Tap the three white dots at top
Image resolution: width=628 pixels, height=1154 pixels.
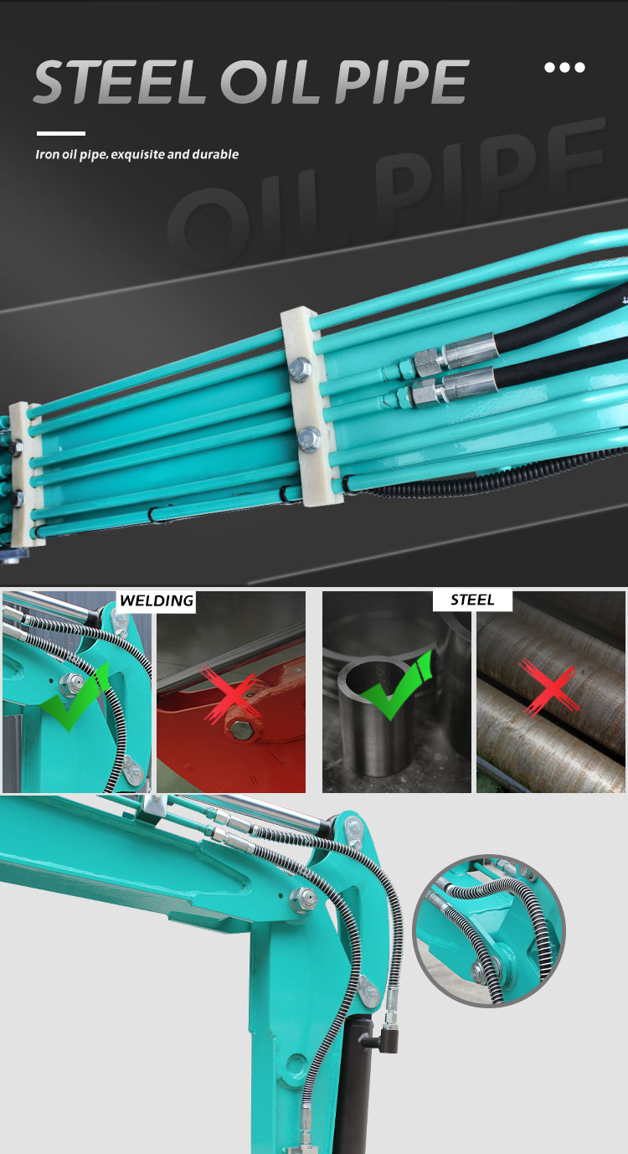(565, 67)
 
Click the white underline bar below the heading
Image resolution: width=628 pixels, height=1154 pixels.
(61, 133)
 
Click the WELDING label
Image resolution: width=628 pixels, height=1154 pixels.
(156, 600)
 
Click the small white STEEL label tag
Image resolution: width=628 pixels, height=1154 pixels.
(472, 600)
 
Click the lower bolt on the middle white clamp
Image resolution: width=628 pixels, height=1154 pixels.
(310, 435)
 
